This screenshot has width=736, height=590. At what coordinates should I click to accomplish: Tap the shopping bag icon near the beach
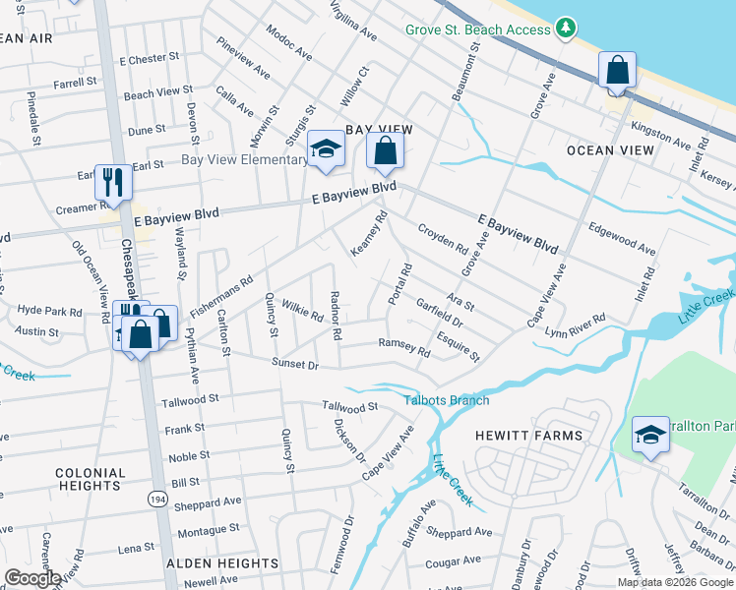(x=616, y=71)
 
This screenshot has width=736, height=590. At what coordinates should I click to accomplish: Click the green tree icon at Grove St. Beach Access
(x=565, y=29)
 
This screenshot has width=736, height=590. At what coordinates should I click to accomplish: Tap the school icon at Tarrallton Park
(x=650, y=436)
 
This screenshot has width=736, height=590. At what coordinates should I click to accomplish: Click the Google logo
(x=33, y=578)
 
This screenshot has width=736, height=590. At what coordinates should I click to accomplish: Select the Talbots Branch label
(x=446, y=400)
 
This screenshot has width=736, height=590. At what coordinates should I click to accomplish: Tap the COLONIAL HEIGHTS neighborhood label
(x=91, y=479)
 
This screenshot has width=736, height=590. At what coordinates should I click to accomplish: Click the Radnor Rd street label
(x=336, y=316)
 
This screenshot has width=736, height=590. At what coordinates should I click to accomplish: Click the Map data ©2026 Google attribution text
(x=675, y=582)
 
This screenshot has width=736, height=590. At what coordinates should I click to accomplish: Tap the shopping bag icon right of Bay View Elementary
(x=385, y=151)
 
